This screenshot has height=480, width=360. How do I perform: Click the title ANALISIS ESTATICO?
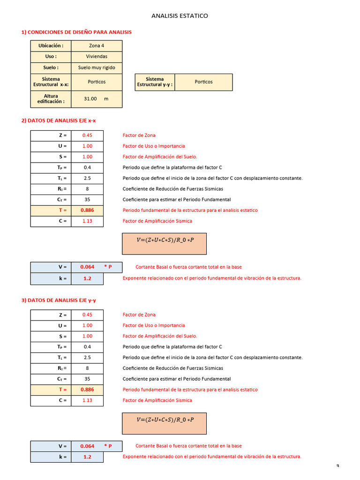point(180,16)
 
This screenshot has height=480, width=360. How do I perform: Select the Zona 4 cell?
point(97,45)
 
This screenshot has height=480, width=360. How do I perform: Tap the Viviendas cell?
point(97,56)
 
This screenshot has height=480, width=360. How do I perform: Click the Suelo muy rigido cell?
point(97,67)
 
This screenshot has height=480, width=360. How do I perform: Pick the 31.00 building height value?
point(90,99)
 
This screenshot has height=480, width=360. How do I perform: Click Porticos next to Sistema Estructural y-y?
point(203,82)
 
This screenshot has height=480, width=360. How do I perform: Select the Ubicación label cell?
point(51,45)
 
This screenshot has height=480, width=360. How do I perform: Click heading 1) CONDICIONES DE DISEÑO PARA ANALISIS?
point(76,32)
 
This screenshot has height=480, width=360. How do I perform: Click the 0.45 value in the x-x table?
point(87,135)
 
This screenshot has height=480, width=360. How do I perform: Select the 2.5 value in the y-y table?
point(87,358)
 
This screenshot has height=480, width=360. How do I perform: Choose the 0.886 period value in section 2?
point(87,210)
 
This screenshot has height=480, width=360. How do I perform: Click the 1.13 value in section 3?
point(87,400)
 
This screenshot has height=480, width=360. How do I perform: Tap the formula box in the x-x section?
point(165,244)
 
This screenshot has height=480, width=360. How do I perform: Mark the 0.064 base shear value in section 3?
point(87,446)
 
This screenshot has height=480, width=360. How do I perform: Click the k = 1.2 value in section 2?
point(87,278)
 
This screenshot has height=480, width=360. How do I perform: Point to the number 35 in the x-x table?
point(87,200)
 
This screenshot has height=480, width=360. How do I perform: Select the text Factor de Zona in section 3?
point(139,315)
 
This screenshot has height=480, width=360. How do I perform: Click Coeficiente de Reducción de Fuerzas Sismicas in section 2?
point(173,189)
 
